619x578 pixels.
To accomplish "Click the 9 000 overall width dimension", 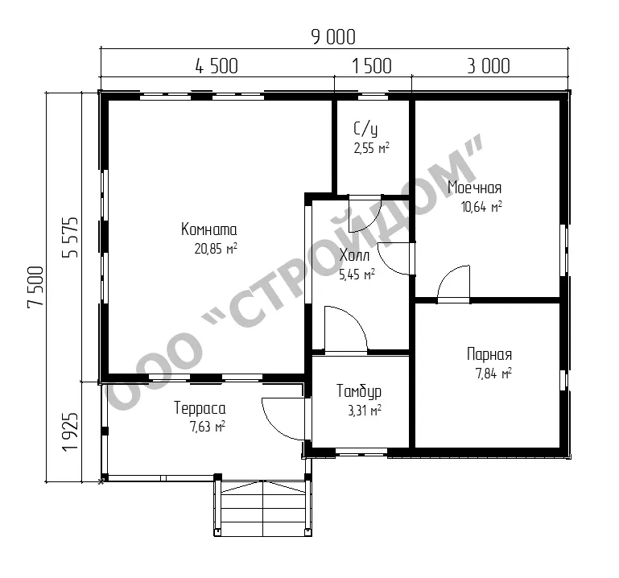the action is point(333,37).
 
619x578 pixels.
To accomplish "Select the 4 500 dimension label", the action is point(217,66).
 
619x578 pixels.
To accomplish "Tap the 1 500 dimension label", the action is point(371,66).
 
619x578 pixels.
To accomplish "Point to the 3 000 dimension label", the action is point(489,66).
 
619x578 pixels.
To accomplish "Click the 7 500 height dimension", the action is point(35,287).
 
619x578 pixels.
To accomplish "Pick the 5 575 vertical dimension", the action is point(70,237).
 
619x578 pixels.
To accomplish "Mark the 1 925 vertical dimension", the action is point(70,432).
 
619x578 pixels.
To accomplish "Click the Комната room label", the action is point(208,229).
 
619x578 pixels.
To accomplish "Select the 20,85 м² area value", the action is point(216,249).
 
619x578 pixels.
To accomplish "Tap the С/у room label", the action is point(365,129).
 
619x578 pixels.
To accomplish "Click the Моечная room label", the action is point(475,188).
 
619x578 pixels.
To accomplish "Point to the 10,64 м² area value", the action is point(481,206).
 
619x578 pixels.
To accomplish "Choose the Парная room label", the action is point(489,354).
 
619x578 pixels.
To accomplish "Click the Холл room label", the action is point(354,255).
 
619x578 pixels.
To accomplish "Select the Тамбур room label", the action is point(359,391).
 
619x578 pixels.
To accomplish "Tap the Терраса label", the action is point(200,408).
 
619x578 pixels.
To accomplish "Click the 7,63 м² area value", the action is point(208,427).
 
